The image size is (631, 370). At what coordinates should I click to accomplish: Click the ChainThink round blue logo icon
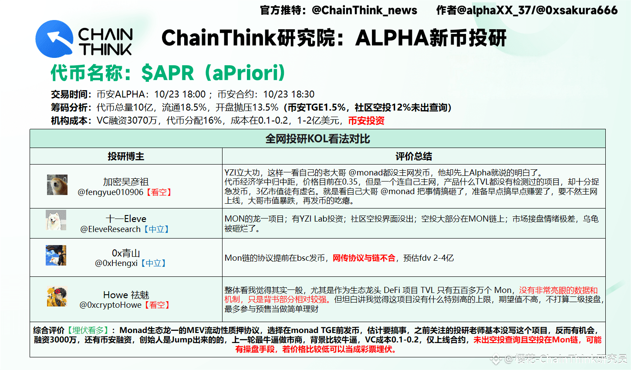[x=54, y=39]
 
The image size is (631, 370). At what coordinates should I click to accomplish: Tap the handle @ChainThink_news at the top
[x=364, y=10]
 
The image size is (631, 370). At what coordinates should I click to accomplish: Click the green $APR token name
[x=168, y=73]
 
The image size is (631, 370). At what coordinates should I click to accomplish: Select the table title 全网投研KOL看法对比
[x=317, y=139]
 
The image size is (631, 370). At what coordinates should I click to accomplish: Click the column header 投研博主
[x=126, y=156]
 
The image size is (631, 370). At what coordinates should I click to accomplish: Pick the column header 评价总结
[x=413, y=156]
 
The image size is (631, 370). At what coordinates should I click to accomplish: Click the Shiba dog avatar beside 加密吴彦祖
[x=57, y=185]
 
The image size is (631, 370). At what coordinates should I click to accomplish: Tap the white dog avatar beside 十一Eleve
[x=56, y=220]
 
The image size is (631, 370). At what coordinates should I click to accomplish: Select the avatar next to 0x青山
[x=56, y=255]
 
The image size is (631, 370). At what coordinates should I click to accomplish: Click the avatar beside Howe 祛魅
[x=57, y=296]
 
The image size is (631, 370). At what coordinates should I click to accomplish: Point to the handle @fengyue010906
[x=110, y=192]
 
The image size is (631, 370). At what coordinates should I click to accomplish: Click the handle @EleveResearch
[x=110, y=229]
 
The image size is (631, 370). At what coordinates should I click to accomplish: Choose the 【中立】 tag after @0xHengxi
[x=153, y=263]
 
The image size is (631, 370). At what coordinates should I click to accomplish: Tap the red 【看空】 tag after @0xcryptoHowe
[x=157, y=305]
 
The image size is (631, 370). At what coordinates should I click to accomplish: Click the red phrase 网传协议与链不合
[x=364, y=258]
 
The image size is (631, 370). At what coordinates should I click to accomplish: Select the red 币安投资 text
[x=366, y=121]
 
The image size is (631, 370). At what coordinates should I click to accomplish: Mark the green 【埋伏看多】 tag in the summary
[x=88, y=330]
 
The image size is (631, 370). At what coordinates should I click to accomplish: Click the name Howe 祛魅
[x=126, y=295]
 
